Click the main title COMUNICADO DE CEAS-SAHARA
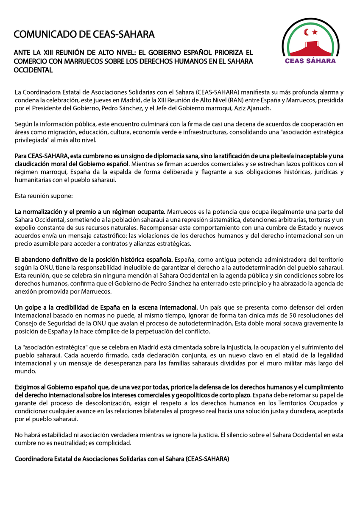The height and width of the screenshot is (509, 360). pyautogui.click(x=84, y=34)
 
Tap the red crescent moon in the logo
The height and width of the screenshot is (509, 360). pyautogui.click(x=307, y=32)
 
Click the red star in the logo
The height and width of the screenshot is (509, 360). pyautogui.click(x=315, y=32)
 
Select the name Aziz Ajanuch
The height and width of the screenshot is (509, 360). pyautogui.click(x=252, y=109)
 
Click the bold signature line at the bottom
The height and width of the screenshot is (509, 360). pyautogui.click(x=122, y=459)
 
